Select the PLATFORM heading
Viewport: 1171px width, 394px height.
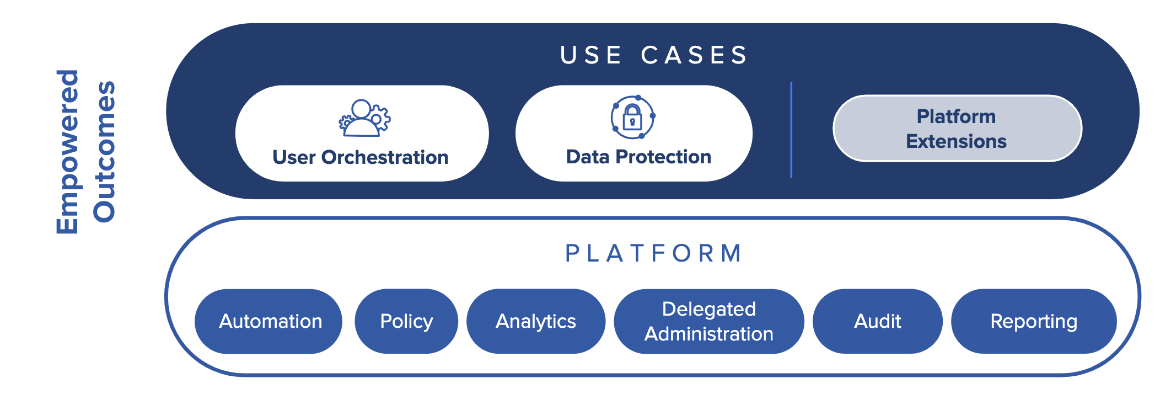click(x=654, y=253)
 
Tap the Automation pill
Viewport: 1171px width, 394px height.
click(x=268, y=321)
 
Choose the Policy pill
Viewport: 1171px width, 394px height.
click(x=406, y=321)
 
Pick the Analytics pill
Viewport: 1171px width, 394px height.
click(x=536, y=321)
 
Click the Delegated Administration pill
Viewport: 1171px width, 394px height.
click(x=709, y=321)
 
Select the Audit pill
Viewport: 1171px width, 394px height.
click(x=878, y=321)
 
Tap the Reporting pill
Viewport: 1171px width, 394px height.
click(x=1034, y=321)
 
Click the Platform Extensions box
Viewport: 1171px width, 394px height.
click(x=957, y=129)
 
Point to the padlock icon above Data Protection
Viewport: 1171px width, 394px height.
click(x=633, y=117)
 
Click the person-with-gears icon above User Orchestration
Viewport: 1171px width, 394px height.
click(x=364, y=118)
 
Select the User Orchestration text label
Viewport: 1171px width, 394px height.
click(x=361, y=157)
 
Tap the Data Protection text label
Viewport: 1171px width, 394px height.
click(x=638, y=157)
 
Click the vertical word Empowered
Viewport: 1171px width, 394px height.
click(x=68, y=152)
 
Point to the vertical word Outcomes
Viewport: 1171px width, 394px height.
click(x=104, y=152)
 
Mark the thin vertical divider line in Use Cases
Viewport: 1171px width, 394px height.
click(x=791, y=130)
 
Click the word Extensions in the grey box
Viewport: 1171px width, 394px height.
click(x=957, y=141)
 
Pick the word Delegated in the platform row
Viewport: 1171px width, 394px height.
click(x=709, y=309)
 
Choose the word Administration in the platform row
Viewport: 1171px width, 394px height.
click(x=709, y=334)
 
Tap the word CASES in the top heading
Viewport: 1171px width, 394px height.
click(x=694, y=55)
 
